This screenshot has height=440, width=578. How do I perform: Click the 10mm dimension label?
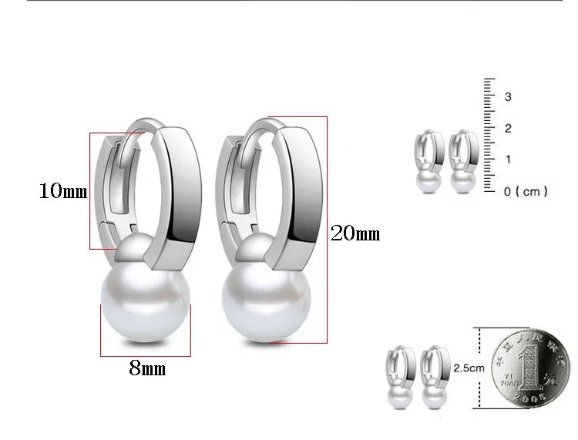tap(63, 191)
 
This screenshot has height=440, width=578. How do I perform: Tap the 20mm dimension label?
tap(355, 233)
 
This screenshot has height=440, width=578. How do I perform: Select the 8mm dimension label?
tap(147, 368)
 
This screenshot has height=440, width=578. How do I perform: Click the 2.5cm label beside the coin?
tap(469, 368)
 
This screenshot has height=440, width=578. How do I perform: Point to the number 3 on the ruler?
tap(508, 96)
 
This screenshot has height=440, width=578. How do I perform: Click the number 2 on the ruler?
tap(508, 128)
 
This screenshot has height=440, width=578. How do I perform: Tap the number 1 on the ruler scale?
tap(509, 160)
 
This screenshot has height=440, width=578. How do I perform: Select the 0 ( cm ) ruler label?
tap(526, 192)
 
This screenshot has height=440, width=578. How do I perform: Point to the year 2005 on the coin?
tap(529, 398)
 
